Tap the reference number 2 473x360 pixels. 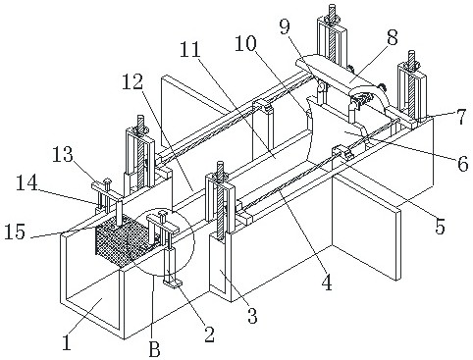(x=208, y=334)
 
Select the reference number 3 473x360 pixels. (x=252, y=315)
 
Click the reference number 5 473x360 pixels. (x=441, y=226)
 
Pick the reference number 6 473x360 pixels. (x=463, y=164)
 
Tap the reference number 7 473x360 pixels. (x=461, y=117)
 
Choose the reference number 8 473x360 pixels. (x=392, y=37)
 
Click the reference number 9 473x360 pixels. (x=285, y=26)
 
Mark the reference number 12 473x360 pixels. (x=133, y=81)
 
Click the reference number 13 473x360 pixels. (x=64, y=154)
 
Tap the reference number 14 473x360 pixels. (x=28, y=183)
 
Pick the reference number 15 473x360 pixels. (x=15, y=231)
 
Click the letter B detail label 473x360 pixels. (x=154, y=349)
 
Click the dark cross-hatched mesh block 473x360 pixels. (x=126, y=243)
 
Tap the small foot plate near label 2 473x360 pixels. (x=173, y=283)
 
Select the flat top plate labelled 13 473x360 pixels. (x=107, y=190)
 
